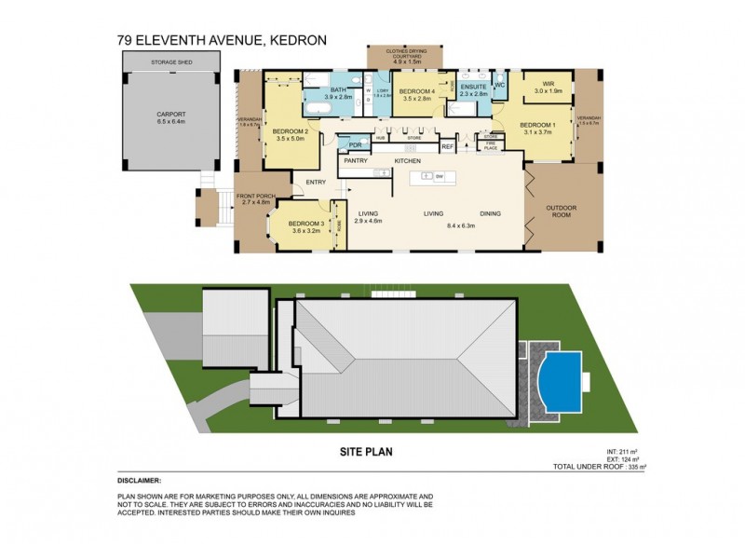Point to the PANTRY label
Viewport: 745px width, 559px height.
pyautogui.click(x=354, y=161)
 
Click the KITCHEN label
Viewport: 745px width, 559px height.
pyautogui.click(x=408, y=161)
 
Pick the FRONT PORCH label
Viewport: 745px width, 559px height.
pyautogui.click(x=255, y=197)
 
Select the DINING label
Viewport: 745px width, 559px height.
pyautogui.click(x=490, y=213)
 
